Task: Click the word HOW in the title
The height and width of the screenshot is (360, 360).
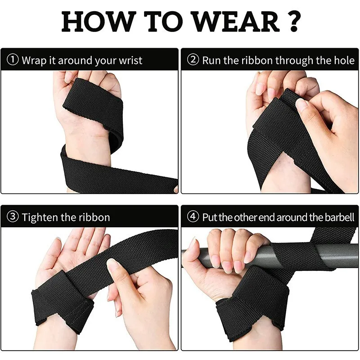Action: [x=97, y=21]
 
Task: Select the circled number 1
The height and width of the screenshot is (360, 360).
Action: [x=13, y=60]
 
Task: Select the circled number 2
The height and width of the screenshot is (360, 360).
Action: [x=193, y=60]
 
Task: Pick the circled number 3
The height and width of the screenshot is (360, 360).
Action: [x=13, y=217]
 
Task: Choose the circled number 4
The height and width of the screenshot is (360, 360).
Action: [x=193, y=217]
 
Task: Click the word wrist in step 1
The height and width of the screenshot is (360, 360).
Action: [x=130, y=60]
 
